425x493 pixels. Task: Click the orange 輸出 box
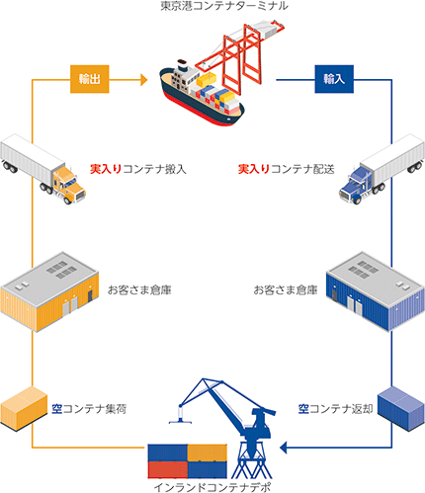(90, 79)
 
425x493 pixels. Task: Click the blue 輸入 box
(334, 79)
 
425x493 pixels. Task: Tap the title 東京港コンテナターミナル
(224, 6)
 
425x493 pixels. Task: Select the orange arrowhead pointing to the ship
(144, 79)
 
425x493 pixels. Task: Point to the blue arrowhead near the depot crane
(284, 448)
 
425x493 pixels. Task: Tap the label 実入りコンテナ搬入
(138, 169)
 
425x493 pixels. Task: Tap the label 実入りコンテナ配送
(286, 169)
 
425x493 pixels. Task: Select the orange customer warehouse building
(49, 291)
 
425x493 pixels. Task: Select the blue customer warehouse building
(376, 291)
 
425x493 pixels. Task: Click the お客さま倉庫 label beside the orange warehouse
(139, 289)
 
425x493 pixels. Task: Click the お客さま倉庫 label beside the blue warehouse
(286, 289)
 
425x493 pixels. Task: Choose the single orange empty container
(24, 409)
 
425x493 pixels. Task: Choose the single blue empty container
(401, 409)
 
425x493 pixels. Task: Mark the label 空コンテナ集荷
(89, 409)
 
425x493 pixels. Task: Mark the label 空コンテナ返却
(335, 409)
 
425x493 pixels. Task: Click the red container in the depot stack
(168, 469)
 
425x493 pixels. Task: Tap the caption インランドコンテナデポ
(212, 487)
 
